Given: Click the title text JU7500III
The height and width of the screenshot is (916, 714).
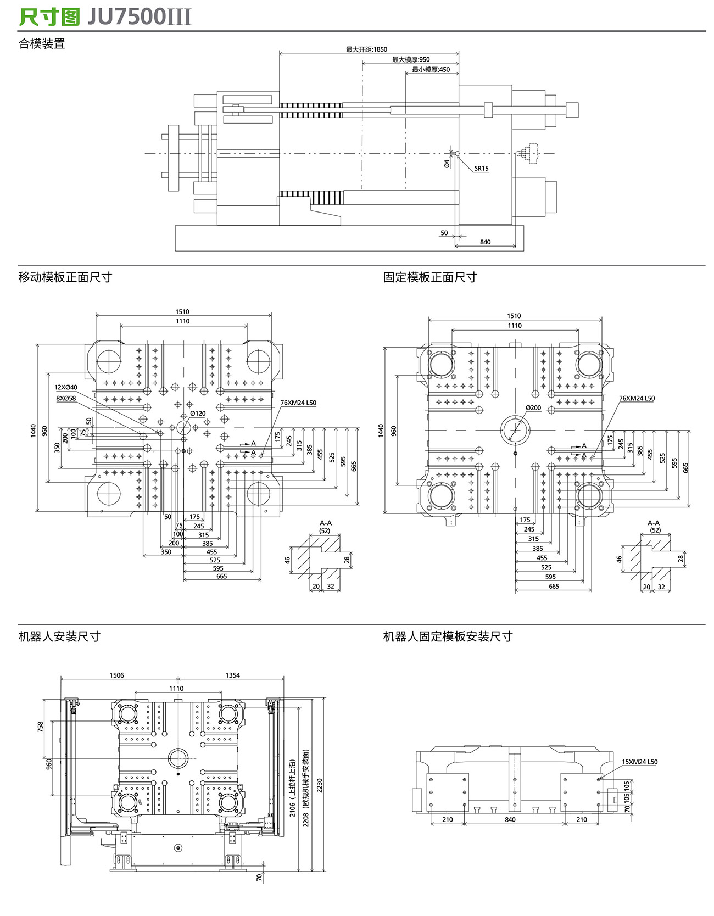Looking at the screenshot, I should click(140, 17).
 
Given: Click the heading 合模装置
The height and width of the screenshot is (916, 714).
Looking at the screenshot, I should click(42, 44).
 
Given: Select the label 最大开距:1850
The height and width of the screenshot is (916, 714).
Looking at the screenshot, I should click(366, 49).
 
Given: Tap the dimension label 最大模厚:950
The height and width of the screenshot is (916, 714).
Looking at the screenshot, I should click(410, 59).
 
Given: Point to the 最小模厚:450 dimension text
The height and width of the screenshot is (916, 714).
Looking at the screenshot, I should click(431, 70).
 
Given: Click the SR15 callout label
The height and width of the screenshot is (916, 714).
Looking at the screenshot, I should click(481, 169).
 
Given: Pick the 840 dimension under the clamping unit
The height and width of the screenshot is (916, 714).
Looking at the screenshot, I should click(485, 242).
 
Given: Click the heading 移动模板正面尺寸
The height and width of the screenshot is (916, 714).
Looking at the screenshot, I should click(65, 277).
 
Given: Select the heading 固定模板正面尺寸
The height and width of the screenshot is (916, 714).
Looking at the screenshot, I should click(430, 277).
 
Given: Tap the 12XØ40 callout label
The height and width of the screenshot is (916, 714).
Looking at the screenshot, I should click(66, 388).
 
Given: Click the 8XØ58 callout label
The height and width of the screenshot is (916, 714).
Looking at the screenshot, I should click(66, 398).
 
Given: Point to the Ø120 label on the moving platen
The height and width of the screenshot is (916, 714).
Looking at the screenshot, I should click(198, 414).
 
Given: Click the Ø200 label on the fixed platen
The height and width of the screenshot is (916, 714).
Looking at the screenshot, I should click(533, 408).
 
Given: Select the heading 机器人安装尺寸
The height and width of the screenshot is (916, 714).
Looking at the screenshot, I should click(59, 636).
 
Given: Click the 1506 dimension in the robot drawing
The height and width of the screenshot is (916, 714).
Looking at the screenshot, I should click(117, 675).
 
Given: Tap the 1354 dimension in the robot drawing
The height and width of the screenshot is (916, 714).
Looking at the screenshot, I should click(232, 675).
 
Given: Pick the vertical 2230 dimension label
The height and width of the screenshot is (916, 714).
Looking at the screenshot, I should click(319, 785).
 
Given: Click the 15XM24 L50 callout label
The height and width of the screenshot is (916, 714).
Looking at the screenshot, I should click(639, 762).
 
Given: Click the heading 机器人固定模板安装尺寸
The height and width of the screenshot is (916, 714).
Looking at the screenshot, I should click(448, 636).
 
